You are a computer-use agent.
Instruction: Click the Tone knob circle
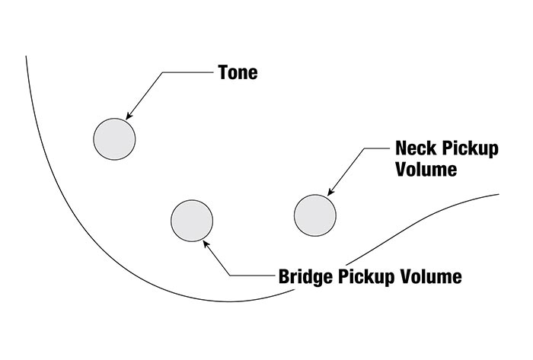[x=114, y=139]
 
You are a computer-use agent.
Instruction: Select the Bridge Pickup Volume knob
[x=192, y=220]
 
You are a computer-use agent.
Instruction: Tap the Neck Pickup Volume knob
[x=314, y=215]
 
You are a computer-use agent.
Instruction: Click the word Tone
[x=238, y=74]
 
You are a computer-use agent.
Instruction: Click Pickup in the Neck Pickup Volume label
[x=470, y=148]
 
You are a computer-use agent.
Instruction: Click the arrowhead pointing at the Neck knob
[x=329, y=193]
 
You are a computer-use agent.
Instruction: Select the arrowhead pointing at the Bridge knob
[x=206, y=244]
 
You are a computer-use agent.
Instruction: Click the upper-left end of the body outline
[x=27, y=56]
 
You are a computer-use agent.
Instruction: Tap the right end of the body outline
[x=499, y=194]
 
